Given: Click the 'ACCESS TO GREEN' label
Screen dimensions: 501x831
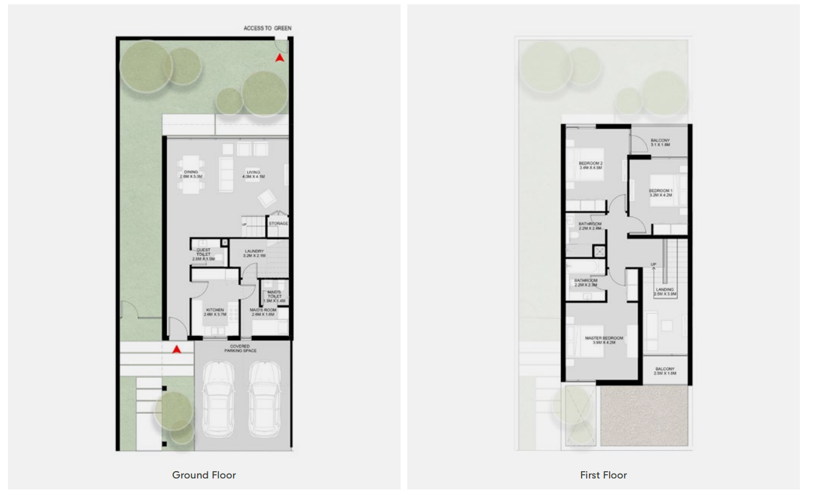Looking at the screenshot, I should coord(267,28).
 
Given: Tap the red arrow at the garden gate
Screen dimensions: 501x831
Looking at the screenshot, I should coord(279,58).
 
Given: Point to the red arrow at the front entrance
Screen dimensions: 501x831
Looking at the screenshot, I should coord(177,349).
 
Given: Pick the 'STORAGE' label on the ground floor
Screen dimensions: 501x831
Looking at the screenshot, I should coord(278,224).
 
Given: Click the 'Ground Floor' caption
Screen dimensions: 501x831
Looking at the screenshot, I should coord(204,475).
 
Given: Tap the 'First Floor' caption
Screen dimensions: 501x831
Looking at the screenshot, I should coord(603,475).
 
